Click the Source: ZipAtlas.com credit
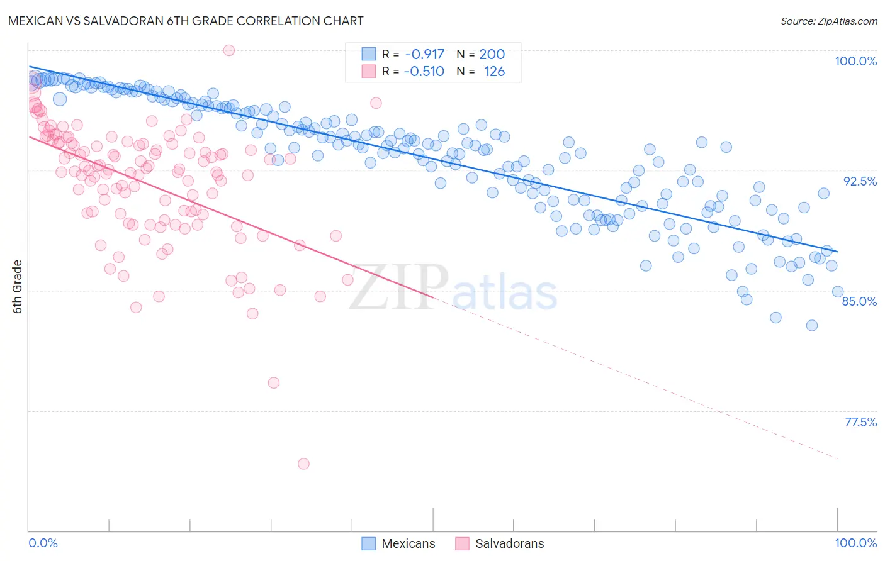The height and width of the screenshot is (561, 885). point(828,21)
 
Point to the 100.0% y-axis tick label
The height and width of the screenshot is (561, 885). point(855,61)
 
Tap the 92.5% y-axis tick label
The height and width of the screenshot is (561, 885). point(860,181)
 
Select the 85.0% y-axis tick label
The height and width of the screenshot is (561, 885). point(859,301)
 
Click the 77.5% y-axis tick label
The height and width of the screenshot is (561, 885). point(860,422)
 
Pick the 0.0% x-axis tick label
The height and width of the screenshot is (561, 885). point(43,543)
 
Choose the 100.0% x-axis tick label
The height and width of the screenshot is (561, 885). point(855,543)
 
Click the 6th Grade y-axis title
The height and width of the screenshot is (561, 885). point(18,287)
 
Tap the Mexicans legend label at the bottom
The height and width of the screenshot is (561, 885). point(408,543)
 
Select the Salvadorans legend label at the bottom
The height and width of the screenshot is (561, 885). point(509,543)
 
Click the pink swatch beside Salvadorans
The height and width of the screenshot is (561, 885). point(463,543)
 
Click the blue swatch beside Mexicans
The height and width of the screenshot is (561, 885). point(369,543)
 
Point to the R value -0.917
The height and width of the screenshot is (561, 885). point(424,54)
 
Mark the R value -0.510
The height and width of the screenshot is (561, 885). point(424,71)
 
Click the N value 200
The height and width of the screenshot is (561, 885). point(492,54)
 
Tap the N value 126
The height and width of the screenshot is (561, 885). point(494,71)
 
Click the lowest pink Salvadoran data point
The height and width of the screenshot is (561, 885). point(303,464)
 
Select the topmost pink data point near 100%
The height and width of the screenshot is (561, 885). point(229,50)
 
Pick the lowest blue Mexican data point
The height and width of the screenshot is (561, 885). point(812,325)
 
